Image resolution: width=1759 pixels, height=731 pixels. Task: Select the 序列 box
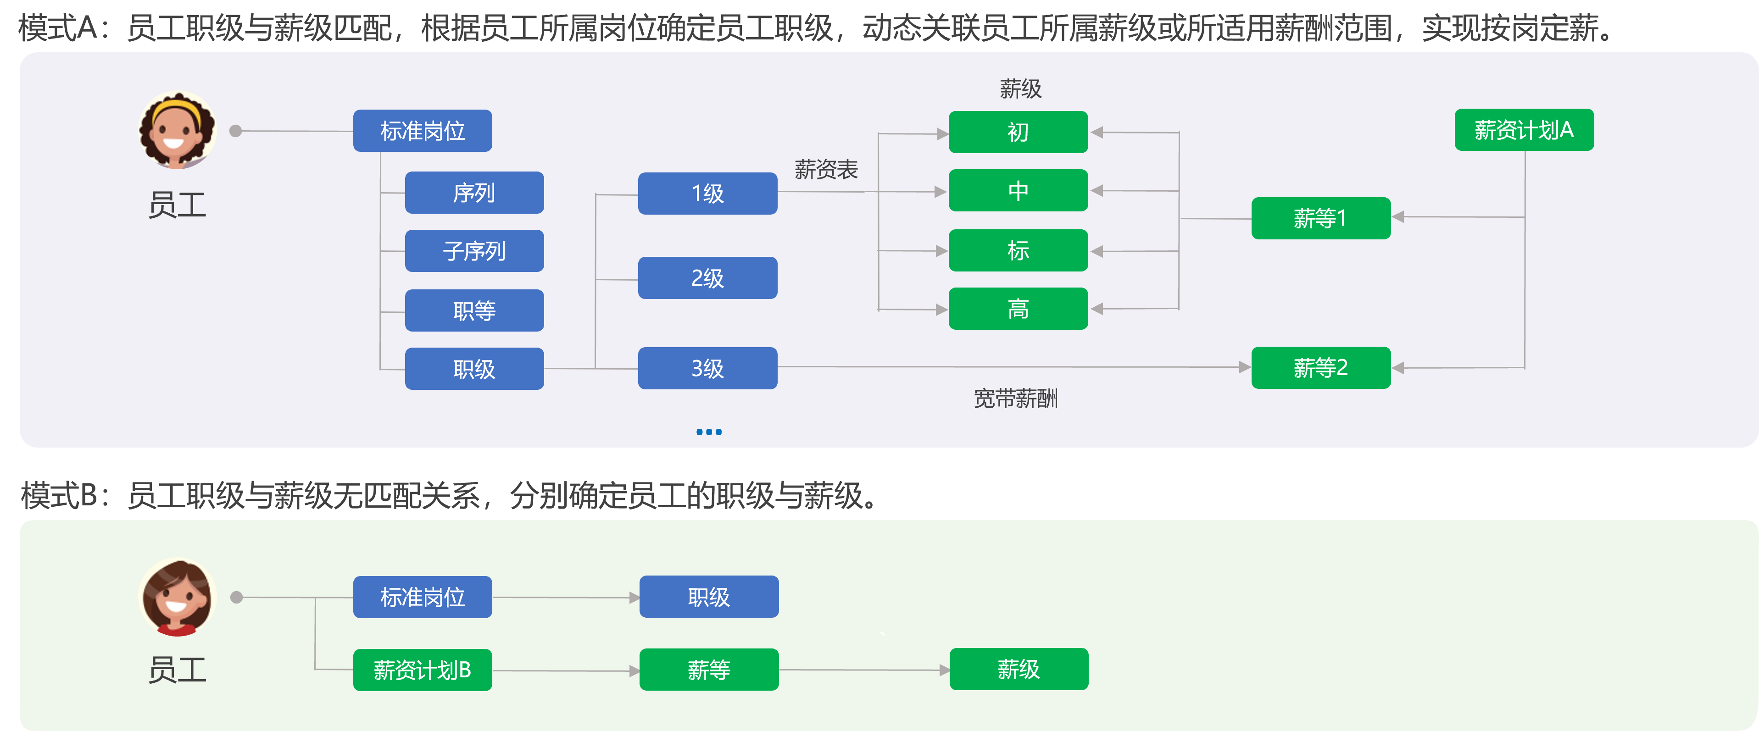point(474,193)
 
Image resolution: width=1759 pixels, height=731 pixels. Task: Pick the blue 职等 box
point(474,310)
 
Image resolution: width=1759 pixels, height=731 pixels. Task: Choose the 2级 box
point(707,278)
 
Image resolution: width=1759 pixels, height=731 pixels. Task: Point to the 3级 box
point(707,369)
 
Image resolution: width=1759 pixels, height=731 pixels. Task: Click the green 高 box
point(1018,309)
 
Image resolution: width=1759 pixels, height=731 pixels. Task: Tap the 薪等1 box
point(1320,218)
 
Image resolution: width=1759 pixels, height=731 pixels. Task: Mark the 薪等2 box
point(1320,368)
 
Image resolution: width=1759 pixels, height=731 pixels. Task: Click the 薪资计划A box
point(1524,130)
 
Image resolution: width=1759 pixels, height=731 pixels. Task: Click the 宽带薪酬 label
point(1015,398)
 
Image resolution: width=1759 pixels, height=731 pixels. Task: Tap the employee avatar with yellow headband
point(178,130)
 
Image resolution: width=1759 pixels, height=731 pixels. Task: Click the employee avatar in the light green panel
point(178,597)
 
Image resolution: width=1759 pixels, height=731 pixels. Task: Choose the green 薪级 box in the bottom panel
point(1018,670)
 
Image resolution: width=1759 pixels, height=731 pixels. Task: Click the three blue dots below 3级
point(709,432)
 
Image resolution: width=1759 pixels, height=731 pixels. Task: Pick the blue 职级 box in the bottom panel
point(709,597)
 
